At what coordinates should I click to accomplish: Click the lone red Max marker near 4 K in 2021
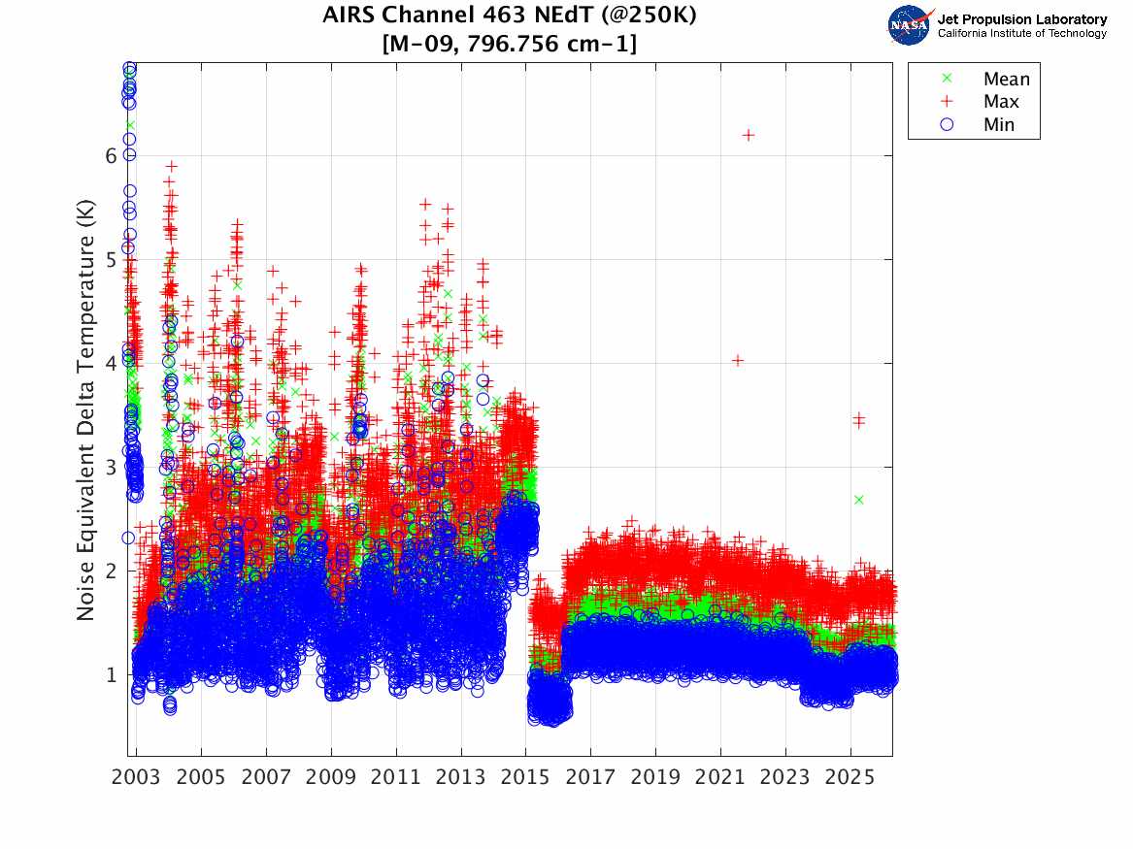pos(738,360)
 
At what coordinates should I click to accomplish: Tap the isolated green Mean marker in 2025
pos(858,500)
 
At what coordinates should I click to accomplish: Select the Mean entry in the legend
pos(1006,80)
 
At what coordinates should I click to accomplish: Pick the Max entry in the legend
pos(1000,102)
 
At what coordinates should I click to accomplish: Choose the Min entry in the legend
pos(998,124)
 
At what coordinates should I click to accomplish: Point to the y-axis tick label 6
pos(112,155)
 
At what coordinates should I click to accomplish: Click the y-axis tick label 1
pos(112,674)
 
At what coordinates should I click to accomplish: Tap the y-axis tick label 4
pos(112,363)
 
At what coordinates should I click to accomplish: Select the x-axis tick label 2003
pos(137,777)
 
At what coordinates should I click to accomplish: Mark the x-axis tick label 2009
pos(331,777)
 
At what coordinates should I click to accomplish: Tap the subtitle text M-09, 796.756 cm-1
pos(510,44)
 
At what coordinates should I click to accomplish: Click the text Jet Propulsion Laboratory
pos(1021,19)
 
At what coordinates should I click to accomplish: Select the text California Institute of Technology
pos(1021,34)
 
